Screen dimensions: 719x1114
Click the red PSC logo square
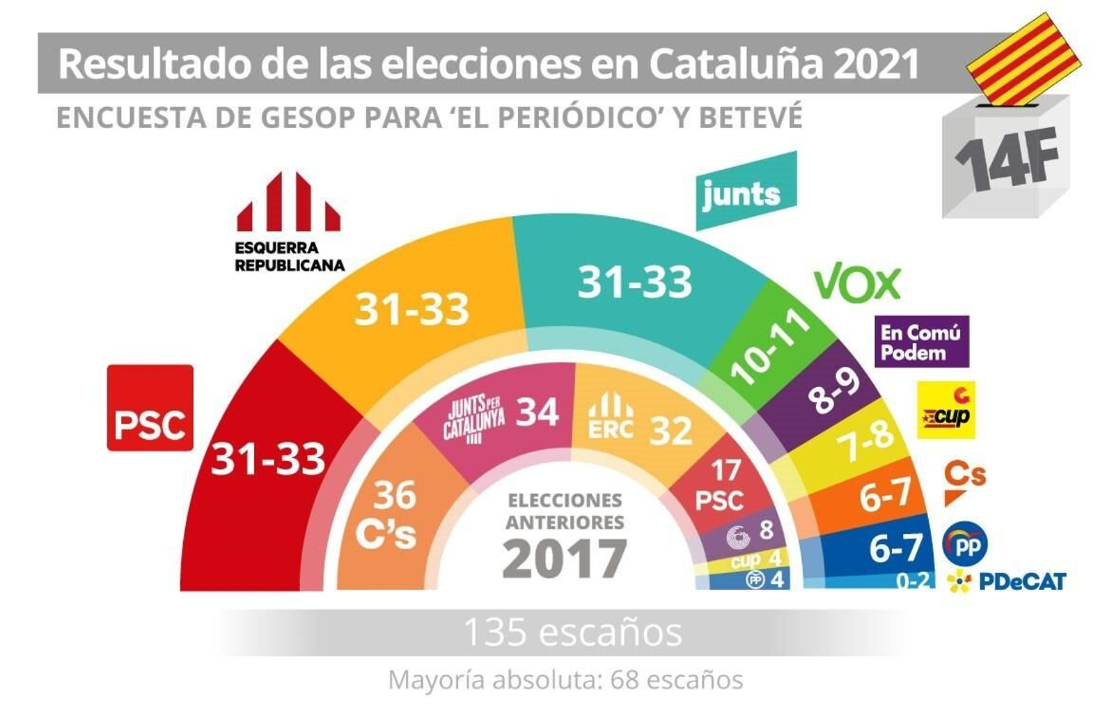(150, 408)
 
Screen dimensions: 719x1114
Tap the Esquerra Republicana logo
(289, 221)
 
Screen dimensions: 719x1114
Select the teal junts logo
(745, 191)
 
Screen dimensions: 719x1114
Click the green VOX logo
(857, 283)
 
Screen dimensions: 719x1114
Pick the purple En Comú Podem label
(921, 342)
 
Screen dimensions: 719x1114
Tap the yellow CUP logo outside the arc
(946, 410)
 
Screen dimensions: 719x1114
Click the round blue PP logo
(964, 544)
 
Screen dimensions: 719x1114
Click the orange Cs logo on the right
(964, 480)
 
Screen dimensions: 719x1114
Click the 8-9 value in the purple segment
(833, 390)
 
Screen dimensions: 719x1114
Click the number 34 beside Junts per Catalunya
(537, 413)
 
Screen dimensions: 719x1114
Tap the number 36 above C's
(395, 496)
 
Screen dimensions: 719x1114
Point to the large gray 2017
(564, 559)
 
